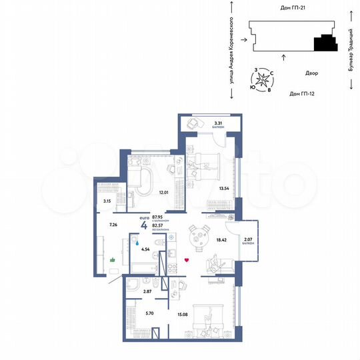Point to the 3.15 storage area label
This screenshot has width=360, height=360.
coord(107,200)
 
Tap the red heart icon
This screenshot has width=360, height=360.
coord(187,260)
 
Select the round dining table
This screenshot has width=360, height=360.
coord(196,237)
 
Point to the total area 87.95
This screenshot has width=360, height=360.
coord(159,217)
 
